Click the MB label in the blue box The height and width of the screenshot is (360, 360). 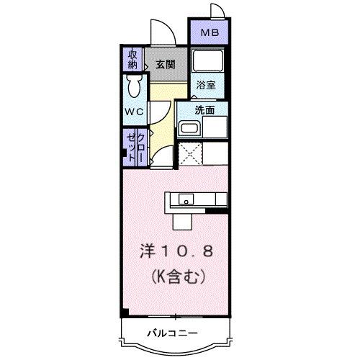coord(208,32)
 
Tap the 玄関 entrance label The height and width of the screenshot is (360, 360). coord(165,64)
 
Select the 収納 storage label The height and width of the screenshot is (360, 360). coord(132,59)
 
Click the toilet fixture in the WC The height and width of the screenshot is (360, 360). coord(133,89)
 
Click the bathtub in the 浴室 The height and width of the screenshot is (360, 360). coord(210,63)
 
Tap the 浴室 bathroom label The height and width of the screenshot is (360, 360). coord(207,85)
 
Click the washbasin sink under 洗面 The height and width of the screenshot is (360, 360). coord(189,129)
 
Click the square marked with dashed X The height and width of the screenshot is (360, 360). coord(189,153)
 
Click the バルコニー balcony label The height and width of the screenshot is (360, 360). coord(174,332)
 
